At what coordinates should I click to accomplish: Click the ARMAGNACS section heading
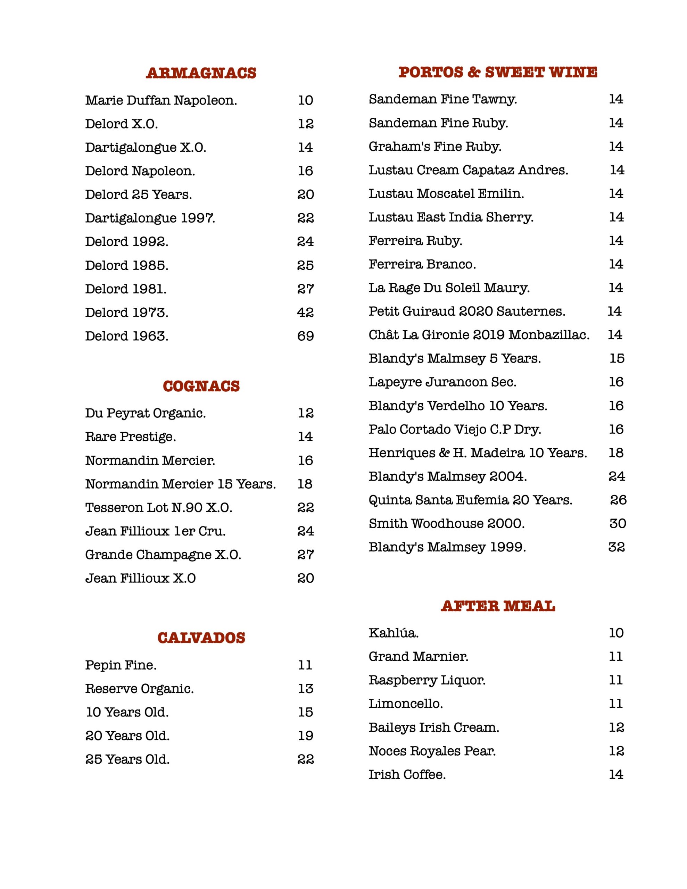click(x=201, y=73)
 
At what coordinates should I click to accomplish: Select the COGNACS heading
click(x=201, y=386)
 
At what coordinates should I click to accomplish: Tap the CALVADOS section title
click(x=201, y=638)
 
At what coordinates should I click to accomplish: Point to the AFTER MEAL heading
click(x=498, y=606)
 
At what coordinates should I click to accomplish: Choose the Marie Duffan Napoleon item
click(x=161, y=100)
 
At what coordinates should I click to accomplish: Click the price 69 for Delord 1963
click(x=305, y=336)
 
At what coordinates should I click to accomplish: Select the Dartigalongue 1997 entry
click(x=150, y=218)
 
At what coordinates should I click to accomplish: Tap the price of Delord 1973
click(x=305, y=313)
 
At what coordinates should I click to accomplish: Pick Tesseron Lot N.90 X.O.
click(x=158, y=508)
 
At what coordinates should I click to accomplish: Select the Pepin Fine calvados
click(x=121, y=665)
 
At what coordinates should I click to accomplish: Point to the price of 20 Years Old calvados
click(x=305, y=736)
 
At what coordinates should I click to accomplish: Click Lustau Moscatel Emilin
click(x=446, y=193)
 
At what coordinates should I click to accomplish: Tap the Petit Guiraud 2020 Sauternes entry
click(x=467, y=311)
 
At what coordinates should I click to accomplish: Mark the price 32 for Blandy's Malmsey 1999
click(x=616, y=547)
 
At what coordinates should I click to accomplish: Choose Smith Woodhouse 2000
click(x=446, y=523)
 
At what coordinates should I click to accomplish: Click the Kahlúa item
click(x=394, y=633)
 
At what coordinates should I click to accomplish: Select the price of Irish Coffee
click(x=616, y=775)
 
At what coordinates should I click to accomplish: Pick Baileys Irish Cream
click(x=434, y=728)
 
